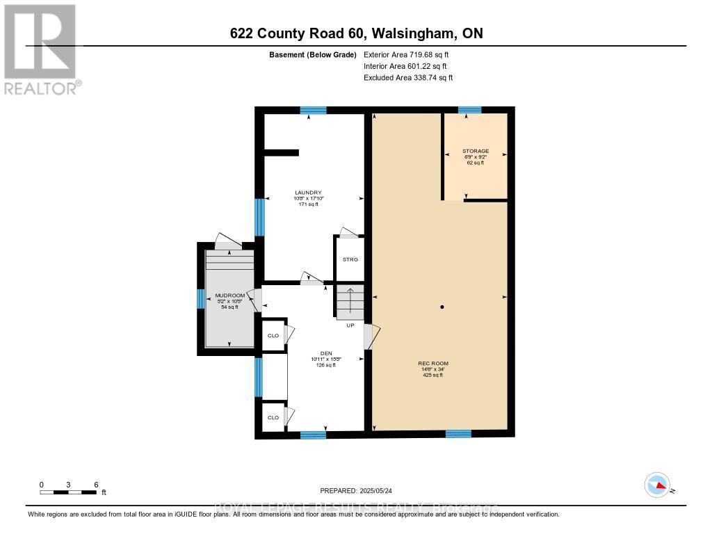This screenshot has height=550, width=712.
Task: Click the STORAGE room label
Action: point(476,151)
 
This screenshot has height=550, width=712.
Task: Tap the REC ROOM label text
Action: point(433,364)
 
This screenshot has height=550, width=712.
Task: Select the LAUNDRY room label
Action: point(307,193)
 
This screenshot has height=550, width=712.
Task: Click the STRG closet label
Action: point(350,259)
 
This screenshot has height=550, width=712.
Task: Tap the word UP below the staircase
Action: point(350,325)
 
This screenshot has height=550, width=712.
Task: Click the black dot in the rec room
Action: point(442,307)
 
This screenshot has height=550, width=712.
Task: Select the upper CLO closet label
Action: point(273,335)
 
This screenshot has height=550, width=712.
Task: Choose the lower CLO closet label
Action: point(273,417)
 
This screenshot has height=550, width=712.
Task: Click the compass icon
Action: point(657,485)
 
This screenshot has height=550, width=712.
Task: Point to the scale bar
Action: point(68,492)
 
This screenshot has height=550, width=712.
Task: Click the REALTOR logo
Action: point(40,49)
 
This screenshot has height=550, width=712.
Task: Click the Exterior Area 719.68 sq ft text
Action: point(411,54)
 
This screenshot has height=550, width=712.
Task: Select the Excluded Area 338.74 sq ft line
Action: point(408,78)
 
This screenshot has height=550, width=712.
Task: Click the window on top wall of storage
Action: point(469,110)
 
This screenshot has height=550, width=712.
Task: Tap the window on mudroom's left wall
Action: point(200,298)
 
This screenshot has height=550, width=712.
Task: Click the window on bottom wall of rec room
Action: point(458,434)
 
